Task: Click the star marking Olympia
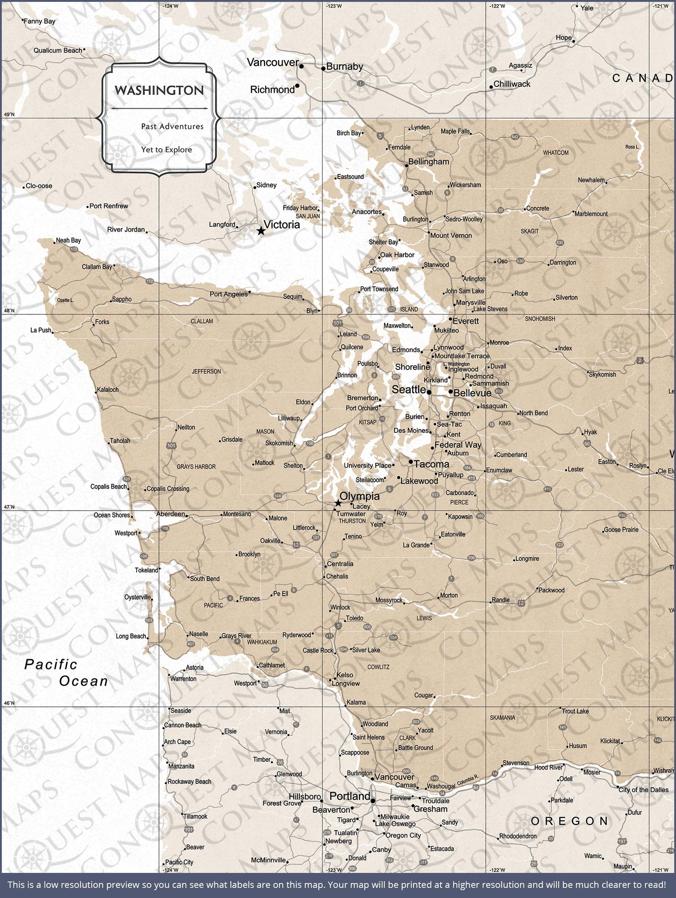(337, 503)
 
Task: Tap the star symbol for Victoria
(261, 231)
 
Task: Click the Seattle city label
(408, 389)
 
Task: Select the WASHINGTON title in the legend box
(159, 90)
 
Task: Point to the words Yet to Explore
(166, 149)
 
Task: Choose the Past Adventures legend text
(172, 126)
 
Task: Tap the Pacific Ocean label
(66, 673)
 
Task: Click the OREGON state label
(569, 821)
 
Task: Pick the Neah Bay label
(68, 240)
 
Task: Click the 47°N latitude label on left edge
(9, 507)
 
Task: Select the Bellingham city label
(429, 162)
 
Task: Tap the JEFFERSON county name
(206, 371)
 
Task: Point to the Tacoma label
(431, 464)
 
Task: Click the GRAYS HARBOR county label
(196, 467)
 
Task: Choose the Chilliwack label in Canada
(512, 84)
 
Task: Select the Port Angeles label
(228, 294)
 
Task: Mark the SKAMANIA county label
(502, 718)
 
